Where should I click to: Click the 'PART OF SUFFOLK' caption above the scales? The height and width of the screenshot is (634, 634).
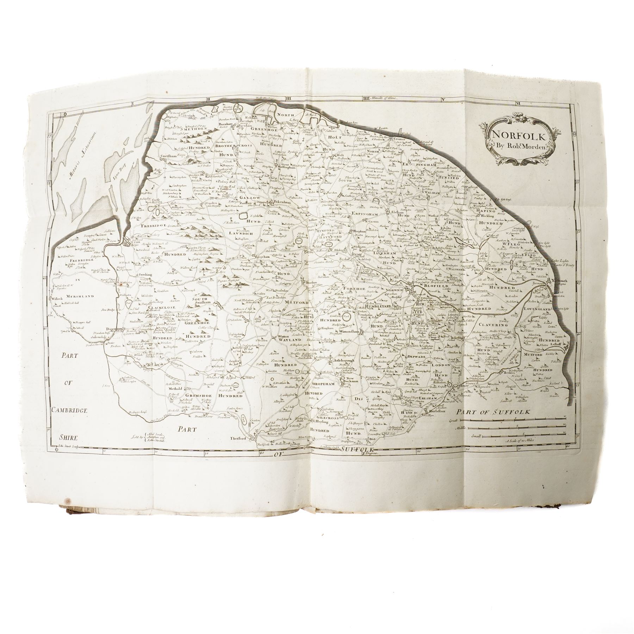493,412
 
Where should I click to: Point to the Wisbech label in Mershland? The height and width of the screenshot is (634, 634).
58,298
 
